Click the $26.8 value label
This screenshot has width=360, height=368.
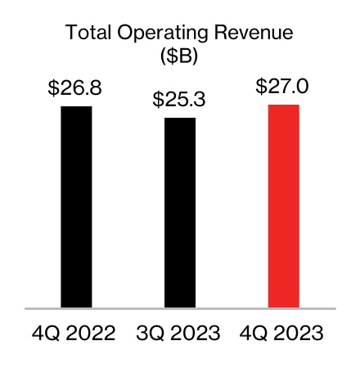pyautogui.click(x=76, y=88)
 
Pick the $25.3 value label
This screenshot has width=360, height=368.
pyautogui.click(x=179, y=100)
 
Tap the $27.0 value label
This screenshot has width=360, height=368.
pyautogui.click(x=283, y=87)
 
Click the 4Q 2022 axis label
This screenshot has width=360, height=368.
pyautogui.click(x=76, y=334)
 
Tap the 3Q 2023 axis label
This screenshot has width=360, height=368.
pyautogui.click(x=179, y=334)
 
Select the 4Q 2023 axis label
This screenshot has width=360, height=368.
pyautogui.click(x=283, y=334)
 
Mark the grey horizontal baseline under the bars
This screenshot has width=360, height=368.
pyautogui.click(x=180, y=309)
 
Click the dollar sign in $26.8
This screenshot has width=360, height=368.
pyautogui.click(x=54, y=88)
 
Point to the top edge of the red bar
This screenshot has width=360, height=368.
pyautogui.click(x=283, y=105)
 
